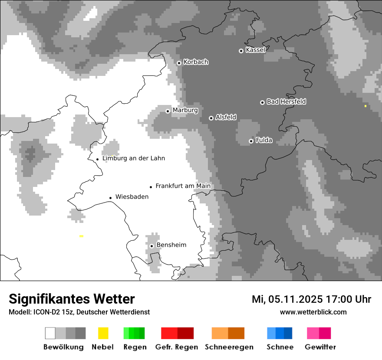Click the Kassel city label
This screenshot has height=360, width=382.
(255, 50)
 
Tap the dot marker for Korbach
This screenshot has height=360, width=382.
(179, 63)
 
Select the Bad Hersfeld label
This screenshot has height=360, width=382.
(286, 101)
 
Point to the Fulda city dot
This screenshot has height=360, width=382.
(251, 141)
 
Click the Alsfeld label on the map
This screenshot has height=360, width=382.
(226, 117)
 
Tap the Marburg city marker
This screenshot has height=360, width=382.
(168, 111)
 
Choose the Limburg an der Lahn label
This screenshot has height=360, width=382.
(134, 158)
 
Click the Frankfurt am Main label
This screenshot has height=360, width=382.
(183, 186)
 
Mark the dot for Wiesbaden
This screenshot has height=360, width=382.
(111, 198)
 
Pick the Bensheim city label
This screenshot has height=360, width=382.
(171, 245)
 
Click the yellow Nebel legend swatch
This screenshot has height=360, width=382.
(103, 333)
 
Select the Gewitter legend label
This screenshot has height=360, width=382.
(320, 347)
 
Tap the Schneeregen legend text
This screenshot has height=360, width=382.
(229, 347)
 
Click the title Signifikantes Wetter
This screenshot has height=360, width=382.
(72, 299)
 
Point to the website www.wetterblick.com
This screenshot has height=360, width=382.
(313, 312)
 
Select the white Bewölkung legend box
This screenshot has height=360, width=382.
(50, 333)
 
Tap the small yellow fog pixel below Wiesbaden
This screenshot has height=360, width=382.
(81, 236)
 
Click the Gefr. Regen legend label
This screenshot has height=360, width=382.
(177, 347)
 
